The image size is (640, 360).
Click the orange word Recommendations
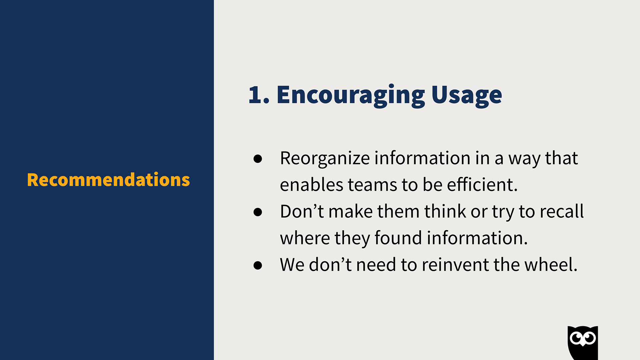pos(108,180)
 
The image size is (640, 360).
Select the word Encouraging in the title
pos(351,96)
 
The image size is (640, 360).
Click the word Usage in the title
pos(467,96)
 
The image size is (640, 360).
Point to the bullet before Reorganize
pos(258,158)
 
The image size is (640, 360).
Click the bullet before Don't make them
pos(258,212)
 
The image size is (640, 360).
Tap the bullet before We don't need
pos(258,265)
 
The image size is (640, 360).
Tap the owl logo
pos(583,343)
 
